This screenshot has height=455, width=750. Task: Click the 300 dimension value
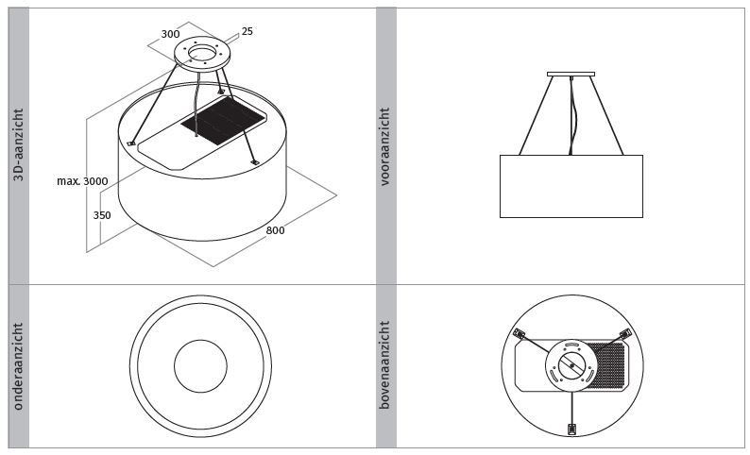tap(170, 34)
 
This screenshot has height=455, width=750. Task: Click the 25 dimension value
tap(247, 31)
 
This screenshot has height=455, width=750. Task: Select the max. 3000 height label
tap(82, 181)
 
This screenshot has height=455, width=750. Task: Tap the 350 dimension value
tap(102, 215)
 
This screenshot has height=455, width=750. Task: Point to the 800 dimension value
tap(275, 230)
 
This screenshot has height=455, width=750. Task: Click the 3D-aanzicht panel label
tap(18, 144)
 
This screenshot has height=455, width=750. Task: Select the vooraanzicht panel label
tap(385, 146)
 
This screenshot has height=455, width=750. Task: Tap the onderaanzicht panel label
tap(18, 366)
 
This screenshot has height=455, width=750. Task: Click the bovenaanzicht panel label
tap(385, 364)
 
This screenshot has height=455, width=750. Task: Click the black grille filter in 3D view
tap(223, 121)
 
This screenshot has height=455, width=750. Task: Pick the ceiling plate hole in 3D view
tap(202, 51)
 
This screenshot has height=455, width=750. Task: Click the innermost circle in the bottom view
tap(200, 366)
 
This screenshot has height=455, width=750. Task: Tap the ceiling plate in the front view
tap(571, 74)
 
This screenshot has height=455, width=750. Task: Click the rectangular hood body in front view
tap(571, 186)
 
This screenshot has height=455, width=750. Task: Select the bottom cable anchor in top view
tap(571, 430)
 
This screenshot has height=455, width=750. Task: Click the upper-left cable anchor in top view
tap(519, 333)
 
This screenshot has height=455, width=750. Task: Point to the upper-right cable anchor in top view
tap(625, 333)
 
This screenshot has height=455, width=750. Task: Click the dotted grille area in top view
tap(607, 365)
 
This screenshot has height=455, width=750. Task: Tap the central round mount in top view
tap(571, 365)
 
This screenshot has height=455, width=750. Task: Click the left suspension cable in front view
tap(537, 115)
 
